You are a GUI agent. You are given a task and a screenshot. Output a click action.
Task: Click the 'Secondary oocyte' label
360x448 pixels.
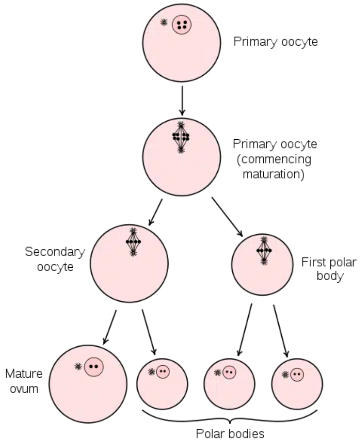pyautogui.click(x=55, y=259)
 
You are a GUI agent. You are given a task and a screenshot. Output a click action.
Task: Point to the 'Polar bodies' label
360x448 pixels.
pyautogui.click(x=231, y=433)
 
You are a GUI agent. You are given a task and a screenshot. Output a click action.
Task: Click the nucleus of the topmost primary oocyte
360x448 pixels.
pyautogui.click(x=182, y=25)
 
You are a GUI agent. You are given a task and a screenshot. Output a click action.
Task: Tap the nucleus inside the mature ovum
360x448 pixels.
pyautogui.click(x=94, y=366)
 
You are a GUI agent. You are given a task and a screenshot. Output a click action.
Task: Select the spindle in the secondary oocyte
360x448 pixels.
pyautogui.click(x=134, y=242)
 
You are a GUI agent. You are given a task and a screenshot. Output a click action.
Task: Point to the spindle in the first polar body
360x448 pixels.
pyautogui.click(x=264, y=250)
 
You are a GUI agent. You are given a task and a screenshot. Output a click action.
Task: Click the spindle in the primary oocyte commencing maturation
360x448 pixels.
pyautogui.click(x=181, y=136)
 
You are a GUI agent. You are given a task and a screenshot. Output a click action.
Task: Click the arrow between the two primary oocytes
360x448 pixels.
pyautogui.click(x=181, y=100)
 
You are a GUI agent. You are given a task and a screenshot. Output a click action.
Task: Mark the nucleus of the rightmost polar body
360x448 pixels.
pyautogui.click(x=297, y=374)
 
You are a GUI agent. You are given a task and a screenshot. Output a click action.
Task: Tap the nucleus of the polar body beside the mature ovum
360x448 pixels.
pyautogui.click(x=162, y=371)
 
